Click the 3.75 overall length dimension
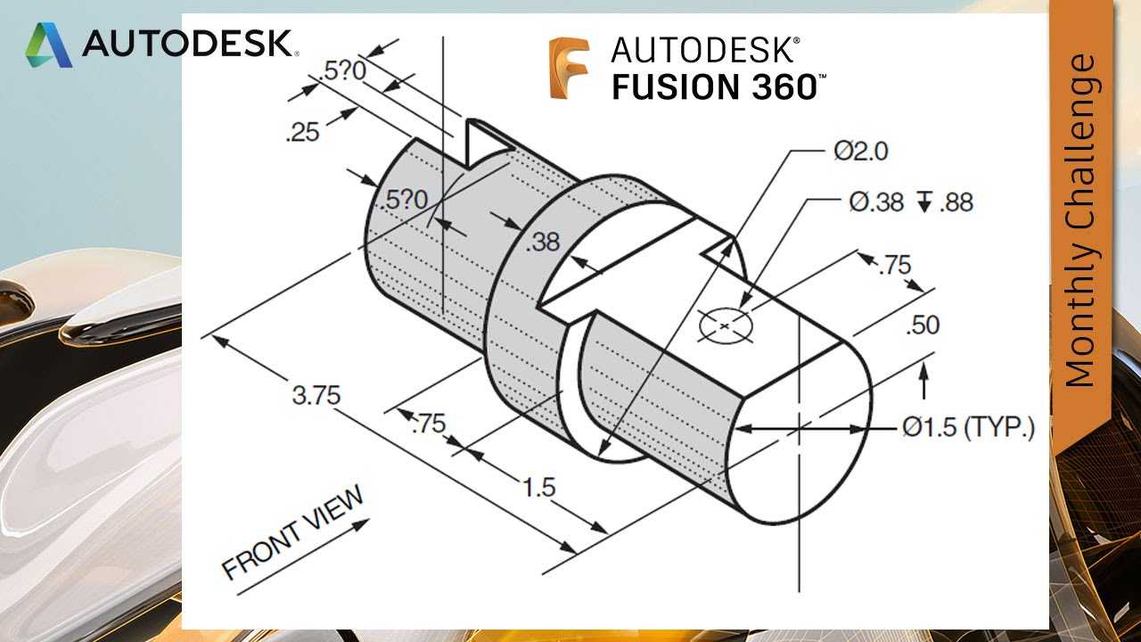(316, 395)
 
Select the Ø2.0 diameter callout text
(861, 151)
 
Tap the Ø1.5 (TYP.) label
(968, 427)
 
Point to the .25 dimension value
(302, 133)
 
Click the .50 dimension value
(923, 325)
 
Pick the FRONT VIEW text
(293, 531)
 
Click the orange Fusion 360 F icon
(569, 68)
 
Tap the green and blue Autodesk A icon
(48, 45)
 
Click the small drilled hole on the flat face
(726, 325)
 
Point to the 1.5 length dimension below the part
(539, 487)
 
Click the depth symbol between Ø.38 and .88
(923, 202)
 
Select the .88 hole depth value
(956, 202)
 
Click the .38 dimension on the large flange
(543, 242)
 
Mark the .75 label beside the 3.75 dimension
(429, 424)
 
